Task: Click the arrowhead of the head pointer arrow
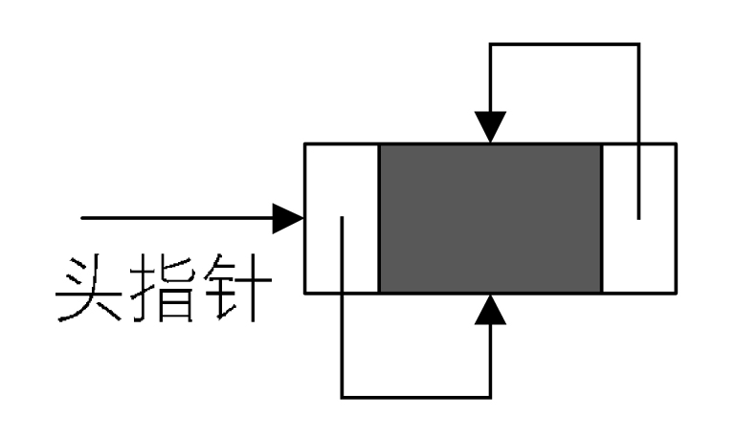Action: click(289, 218)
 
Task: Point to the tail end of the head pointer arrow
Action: click(82, 218)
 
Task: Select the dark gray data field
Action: click(490, 218)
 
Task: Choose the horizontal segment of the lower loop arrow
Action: click(416, 395)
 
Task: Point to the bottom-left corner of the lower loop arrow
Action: click(342, 395)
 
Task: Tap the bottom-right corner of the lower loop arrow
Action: click(491, 395)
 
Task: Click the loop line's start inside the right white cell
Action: click(638, 218)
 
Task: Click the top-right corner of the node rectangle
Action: click(676, 143)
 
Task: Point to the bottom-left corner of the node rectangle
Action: click(304, 293)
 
